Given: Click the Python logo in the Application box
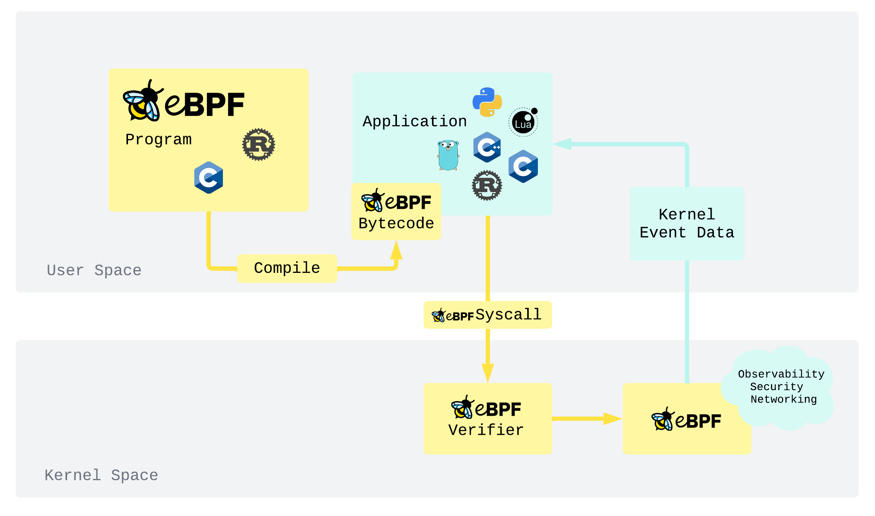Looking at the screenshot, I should (487, 102).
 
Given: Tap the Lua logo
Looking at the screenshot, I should (523, 122).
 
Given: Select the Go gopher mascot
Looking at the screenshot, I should (448, 155).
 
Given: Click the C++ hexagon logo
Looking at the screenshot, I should (487, 147).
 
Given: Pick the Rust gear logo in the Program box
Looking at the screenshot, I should (259, 144).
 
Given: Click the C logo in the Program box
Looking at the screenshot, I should (208, 178).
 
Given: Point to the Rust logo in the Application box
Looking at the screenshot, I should (487, 185).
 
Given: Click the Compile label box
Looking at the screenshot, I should (287, 268).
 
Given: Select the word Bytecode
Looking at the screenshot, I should (396, 224).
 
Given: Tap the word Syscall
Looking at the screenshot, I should (508, 315).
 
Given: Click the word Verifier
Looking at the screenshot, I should (486, 430).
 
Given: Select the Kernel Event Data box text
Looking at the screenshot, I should (687, 224).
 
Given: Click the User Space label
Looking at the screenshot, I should (94, 271).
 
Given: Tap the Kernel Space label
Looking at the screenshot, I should (101, 476).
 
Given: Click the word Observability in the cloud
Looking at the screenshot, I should (781, 374).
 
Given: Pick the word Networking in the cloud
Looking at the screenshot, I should (784, 399).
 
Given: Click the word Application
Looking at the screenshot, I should (414, 122).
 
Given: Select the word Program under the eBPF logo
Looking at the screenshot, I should (158, 139).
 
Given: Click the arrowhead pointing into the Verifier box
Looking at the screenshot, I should (488, 372).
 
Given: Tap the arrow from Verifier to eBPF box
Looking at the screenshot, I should (587, 419).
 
